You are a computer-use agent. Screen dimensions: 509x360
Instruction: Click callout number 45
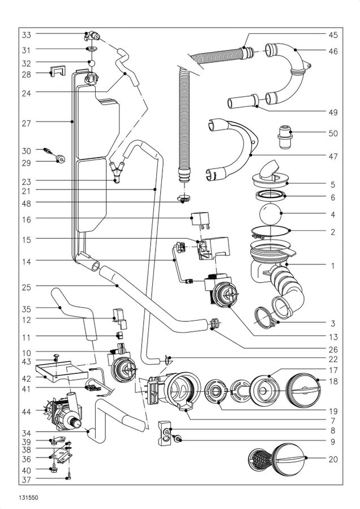pyautogui.click(x=333, y=34)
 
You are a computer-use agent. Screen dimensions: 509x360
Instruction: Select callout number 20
pyautogui.click(x=333, y=459)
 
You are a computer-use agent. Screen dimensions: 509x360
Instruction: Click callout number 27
pyautogui.click(x=26, y=122)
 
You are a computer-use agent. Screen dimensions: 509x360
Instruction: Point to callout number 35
pyautogui.click(x=26, y=309)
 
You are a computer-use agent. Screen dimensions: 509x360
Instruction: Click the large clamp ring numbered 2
pyautogui.click(x=271, y=231)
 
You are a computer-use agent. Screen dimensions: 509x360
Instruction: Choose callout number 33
pyautogui.click(x=26, y=35)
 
